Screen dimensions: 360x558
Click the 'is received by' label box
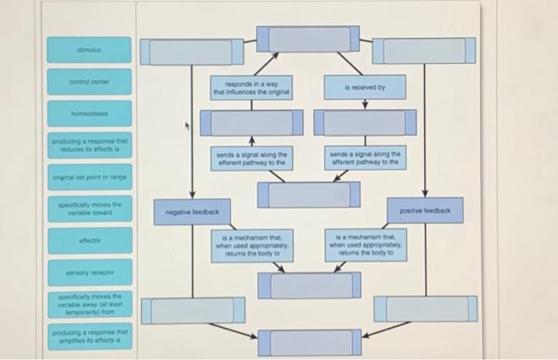pos(365,88)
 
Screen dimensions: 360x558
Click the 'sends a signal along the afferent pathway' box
pos(365,158)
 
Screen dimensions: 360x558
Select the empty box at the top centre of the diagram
pos(308,39)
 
